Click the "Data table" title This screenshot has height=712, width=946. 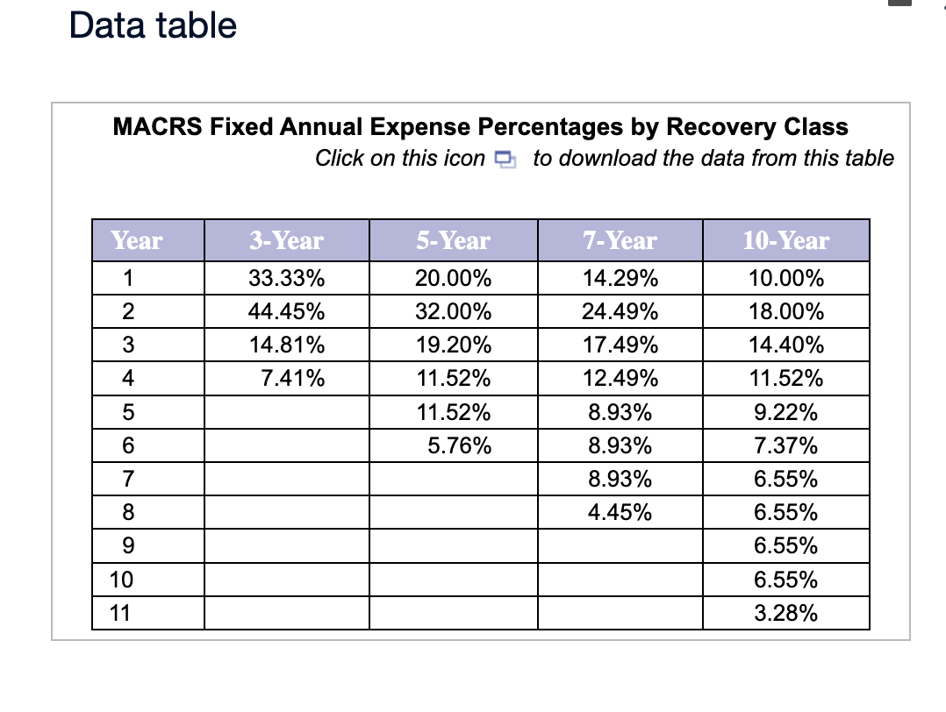click(x=153, y=25)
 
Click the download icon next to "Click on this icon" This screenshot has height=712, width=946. click(x=504, y=160)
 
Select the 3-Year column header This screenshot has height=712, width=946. click(x=286, y=240)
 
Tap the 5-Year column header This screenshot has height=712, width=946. click(x=453, y=240)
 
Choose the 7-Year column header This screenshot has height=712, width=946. click(x=620, y=240)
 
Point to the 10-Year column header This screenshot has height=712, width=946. click(x=785, y=240)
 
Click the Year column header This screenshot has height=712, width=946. click(x=137, y=240)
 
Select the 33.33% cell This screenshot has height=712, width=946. click(x=286, y=280)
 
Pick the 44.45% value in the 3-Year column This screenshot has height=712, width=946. click(x=286, y=312)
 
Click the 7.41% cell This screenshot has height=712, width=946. click(x=293, y=380)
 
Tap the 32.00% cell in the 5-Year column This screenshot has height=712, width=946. click(x=453, y=312)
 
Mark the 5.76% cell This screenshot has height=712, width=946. click(x=459, y=446)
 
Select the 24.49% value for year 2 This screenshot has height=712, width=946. click(x=620, y=312)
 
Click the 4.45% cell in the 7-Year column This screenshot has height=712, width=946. click(x=620, y=513)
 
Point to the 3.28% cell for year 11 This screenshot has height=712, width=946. click(x=785, y=613)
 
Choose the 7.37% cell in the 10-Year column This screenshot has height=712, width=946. click(x=785, y=446)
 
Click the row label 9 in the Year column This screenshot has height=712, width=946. click(x=128, y=546)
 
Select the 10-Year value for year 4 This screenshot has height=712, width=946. click(x=785, y=380)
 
